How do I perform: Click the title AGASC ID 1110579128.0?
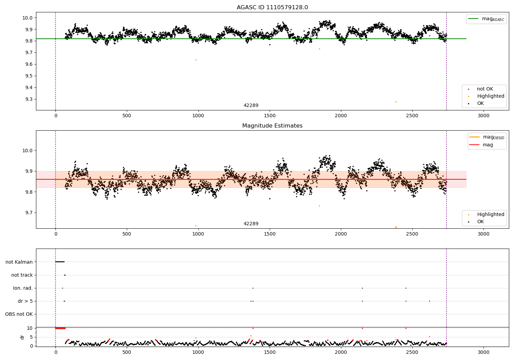coord(272,8)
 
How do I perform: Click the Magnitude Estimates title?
coord(272,126)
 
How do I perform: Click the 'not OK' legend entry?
coord(485,89)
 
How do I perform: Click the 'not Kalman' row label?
coord(19,262)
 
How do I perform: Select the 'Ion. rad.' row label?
coord(23,288)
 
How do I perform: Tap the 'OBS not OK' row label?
coord(19,314)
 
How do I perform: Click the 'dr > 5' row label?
coord(25,301)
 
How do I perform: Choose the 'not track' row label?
coord(22,275)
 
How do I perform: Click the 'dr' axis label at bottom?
coord(22,337)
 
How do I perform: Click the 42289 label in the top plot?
coord(251,106)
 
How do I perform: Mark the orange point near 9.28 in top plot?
coord(396,102)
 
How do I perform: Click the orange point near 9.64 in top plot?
coord(196,60)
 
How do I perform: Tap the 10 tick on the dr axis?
coord(30,328)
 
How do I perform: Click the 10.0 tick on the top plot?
coord(27,18)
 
